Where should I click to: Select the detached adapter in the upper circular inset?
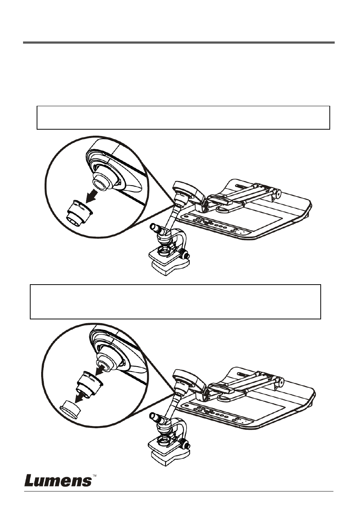79,213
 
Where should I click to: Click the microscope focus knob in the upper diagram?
184,254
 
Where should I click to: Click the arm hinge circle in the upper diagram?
278,194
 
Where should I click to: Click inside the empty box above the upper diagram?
183,118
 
